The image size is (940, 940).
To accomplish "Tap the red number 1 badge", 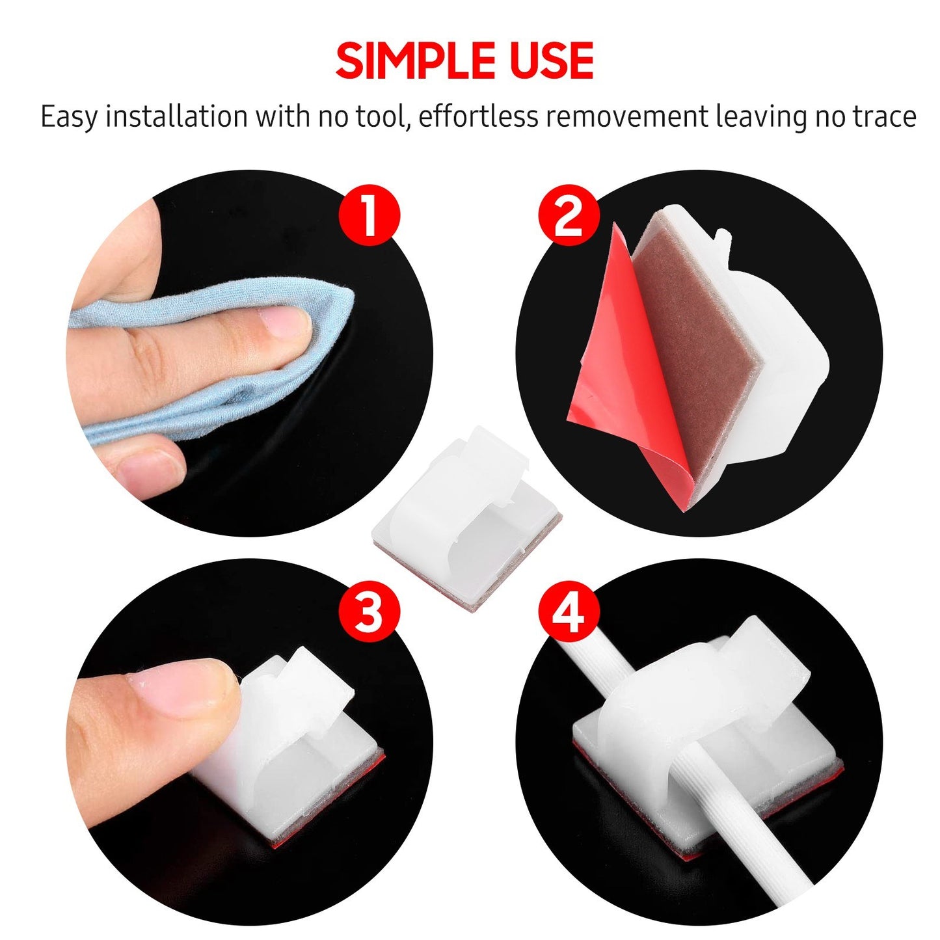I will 369,215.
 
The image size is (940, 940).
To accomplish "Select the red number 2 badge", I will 568,215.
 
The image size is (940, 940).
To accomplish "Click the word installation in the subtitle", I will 176,117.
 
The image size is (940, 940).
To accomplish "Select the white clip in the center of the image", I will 465,520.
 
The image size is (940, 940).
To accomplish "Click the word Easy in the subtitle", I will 69,117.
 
